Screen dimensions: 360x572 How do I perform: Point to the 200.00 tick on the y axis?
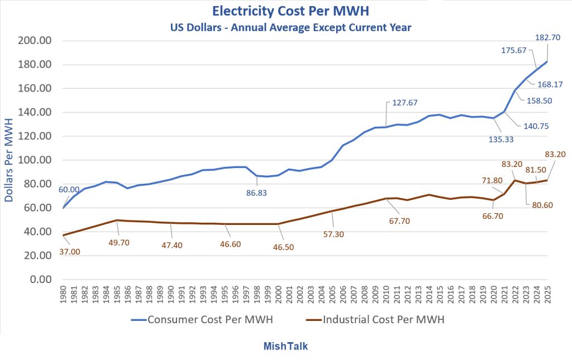[35, 41]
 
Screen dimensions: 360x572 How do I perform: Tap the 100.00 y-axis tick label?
[35, 160]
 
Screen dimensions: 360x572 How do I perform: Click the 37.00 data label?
[69, 252]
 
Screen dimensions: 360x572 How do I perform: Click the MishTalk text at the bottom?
[285, 346]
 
